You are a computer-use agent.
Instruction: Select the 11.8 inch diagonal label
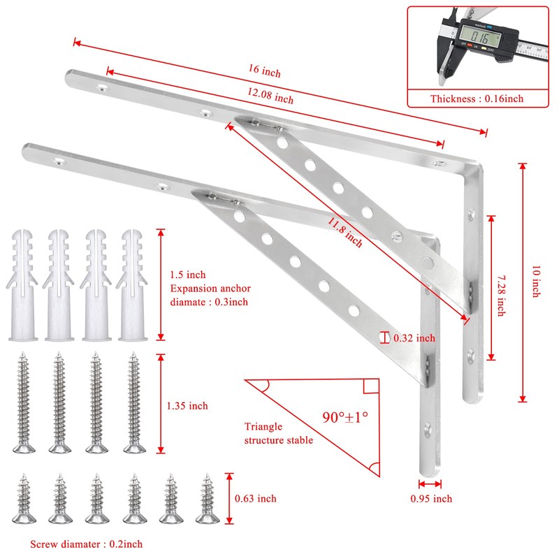click(345, 232)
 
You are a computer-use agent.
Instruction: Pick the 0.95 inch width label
click(431, 498)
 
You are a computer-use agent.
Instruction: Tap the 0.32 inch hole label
click(414, 338)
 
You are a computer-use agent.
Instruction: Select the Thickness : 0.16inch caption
click(477, 99)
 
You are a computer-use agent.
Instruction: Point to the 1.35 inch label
click(188, 405)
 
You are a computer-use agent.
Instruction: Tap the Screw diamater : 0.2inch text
click(87, 544)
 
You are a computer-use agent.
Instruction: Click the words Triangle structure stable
click(279, 433)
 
